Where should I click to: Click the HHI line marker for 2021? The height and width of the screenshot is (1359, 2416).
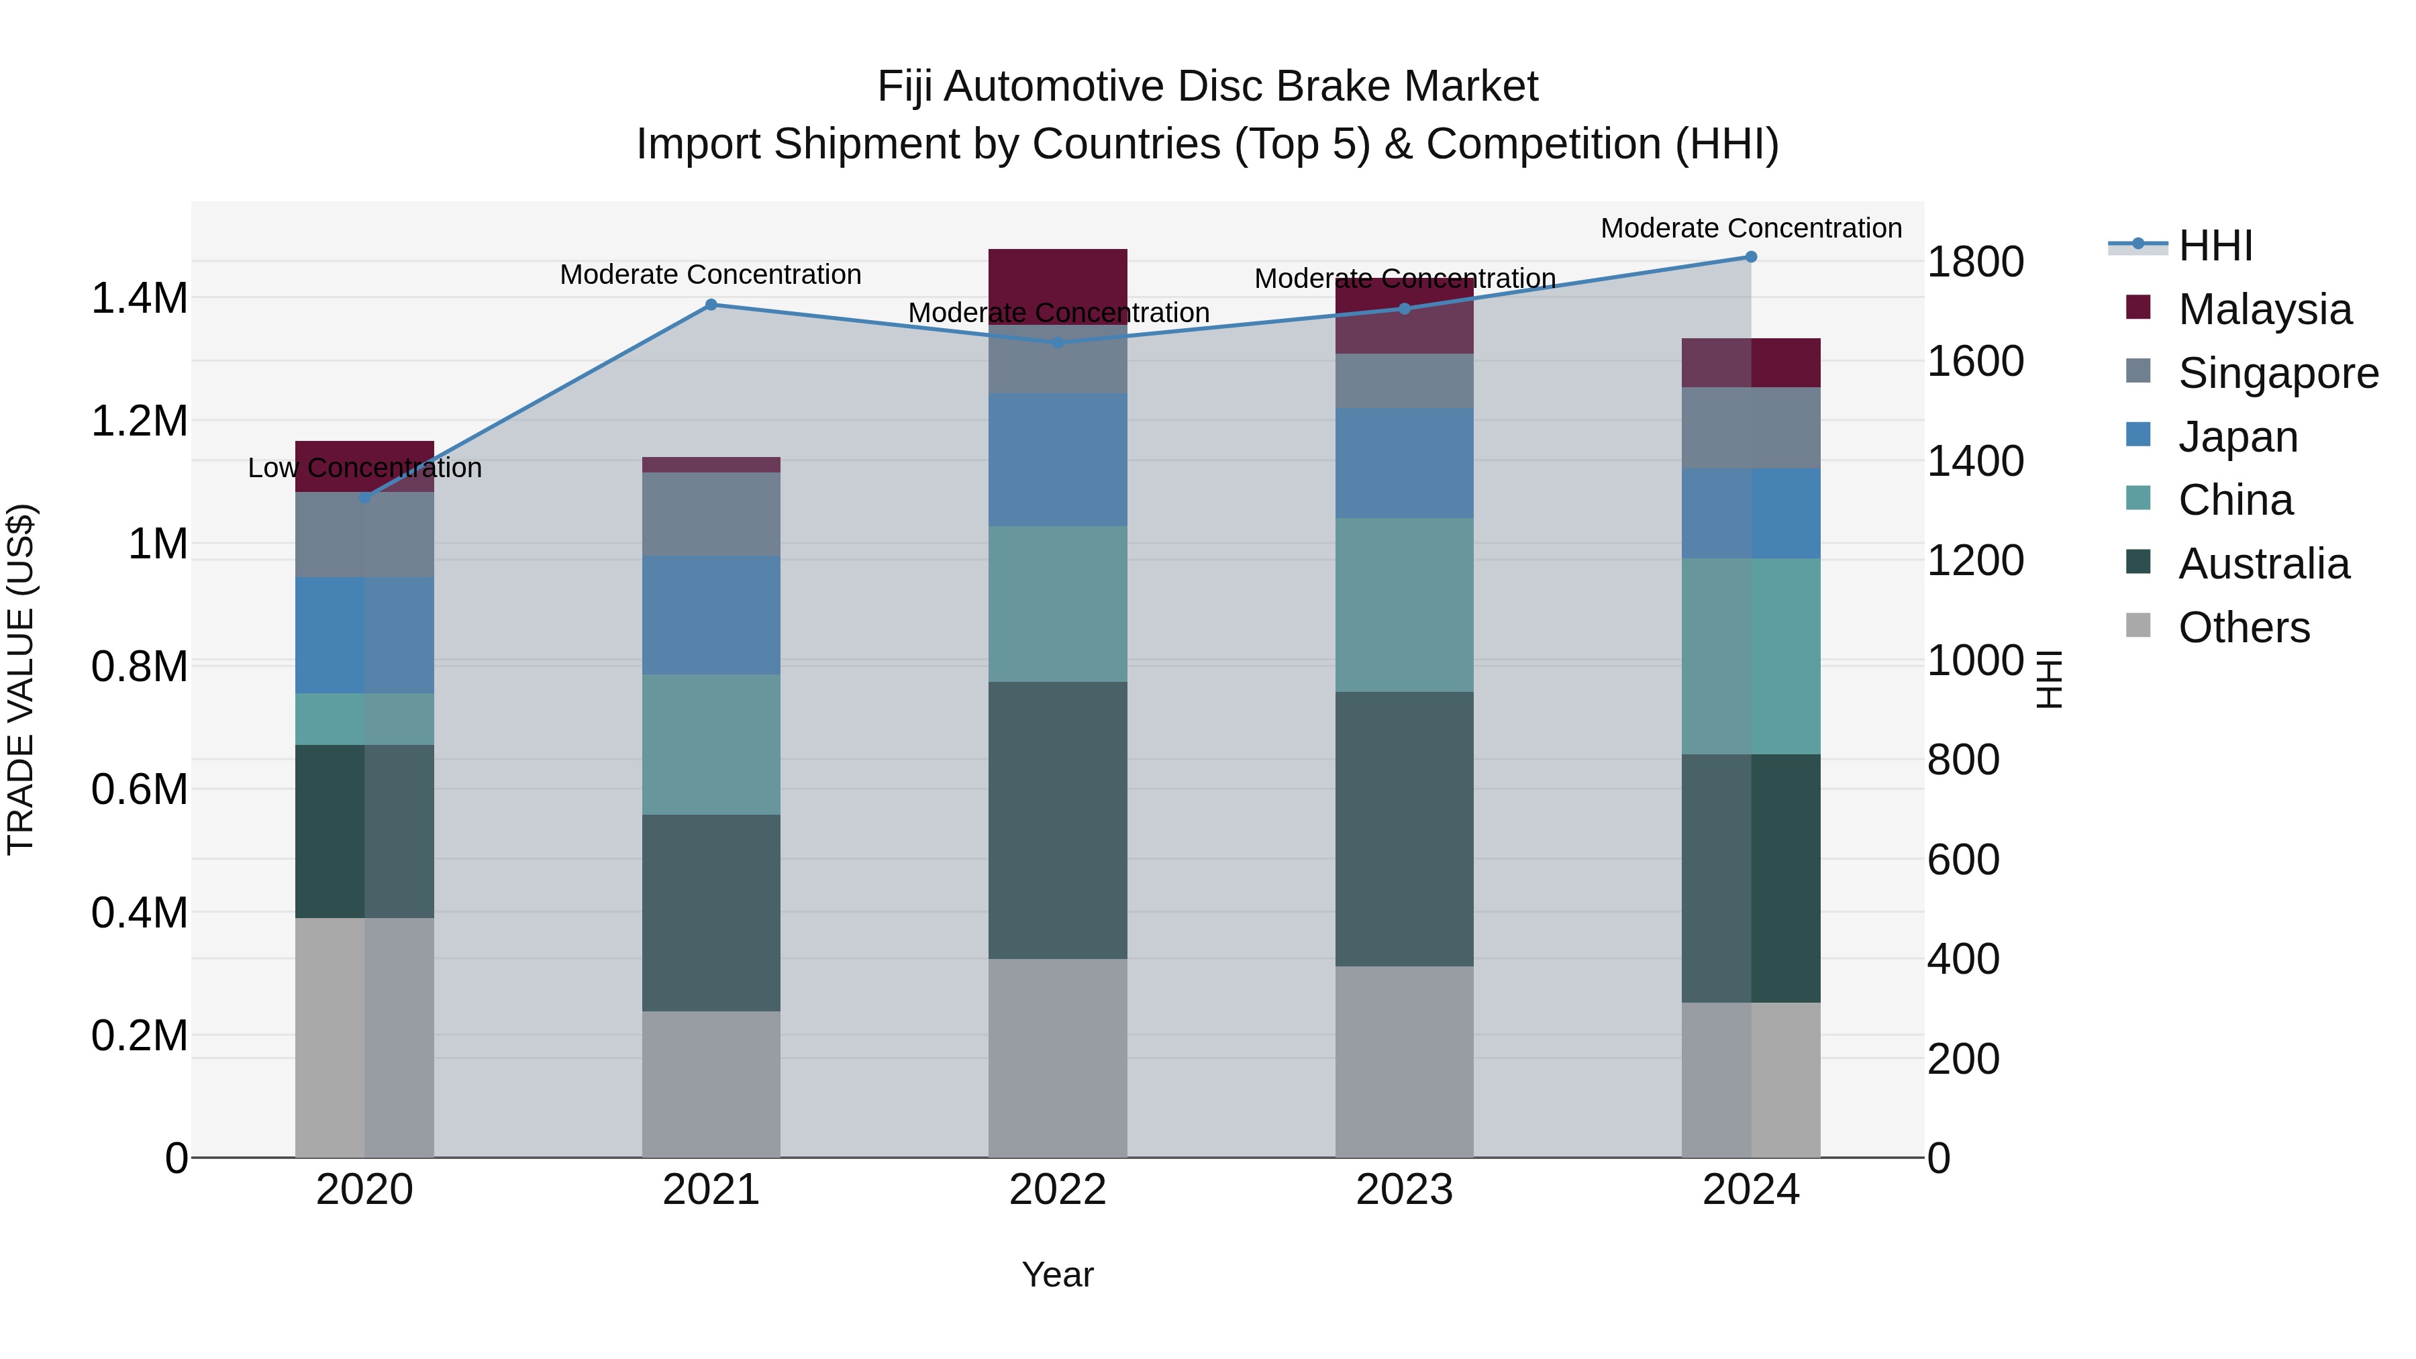[711, 305]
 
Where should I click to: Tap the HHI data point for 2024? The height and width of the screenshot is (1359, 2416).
[1750, 257]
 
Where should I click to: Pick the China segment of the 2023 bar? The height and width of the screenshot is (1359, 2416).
[1404, 605]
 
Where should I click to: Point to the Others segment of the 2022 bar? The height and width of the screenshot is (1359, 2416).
[1057, 1057]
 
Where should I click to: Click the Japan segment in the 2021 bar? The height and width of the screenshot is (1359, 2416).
[711, 614]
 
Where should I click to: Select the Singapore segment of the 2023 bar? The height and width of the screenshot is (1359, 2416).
[1404, 380]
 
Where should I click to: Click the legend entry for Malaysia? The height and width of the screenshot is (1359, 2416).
[2264, 309]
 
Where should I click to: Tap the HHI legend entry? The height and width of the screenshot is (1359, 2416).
[2215, 246]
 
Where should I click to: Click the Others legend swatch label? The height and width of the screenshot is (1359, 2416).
[2244, 627]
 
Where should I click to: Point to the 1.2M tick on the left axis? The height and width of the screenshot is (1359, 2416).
[139, 421]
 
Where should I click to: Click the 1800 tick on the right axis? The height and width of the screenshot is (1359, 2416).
[1974, 262]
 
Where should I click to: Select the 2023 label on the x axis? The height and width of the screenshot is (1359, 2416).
[1404, 1190]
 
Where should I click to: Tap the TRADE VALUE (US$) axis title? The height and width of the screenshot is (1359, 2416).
[21, 679]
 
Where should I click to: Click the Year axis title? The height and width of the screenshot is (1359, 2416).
[1057, 1274]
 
